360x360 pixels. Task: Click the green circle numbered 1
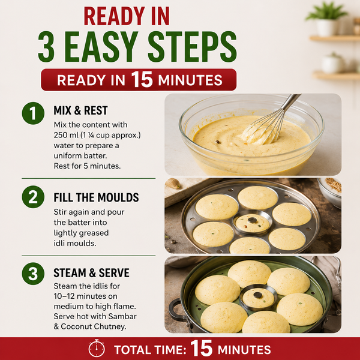point(33,113)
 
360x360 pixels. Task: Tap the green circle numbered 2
point(33,197)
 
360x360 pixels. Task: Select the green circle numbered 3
point(33,274)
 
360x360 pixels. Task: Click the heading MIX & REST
point(80,110)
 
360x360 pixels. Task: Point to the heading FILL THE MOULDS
point(96,197)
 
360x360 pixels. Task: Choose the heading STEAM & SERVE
point(91,273)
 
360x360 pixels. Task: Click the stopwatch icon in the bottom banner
point(97,349)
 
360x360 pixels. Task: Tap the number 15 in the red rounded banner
point(142,79)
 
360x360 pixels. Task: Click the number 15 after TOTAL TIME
point(202,349)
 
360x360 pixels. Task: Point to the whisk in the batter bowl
point(273,121)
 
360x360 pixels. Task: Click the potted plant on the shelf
point(326,19)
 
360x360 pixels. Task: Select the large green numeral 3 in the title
point(46,47)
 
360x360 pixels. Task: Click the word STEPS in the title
point(192,47)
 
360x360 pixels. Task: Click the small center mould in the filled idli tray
point(253,223)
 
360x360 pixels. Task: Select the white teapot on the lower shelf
point(333,63)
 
